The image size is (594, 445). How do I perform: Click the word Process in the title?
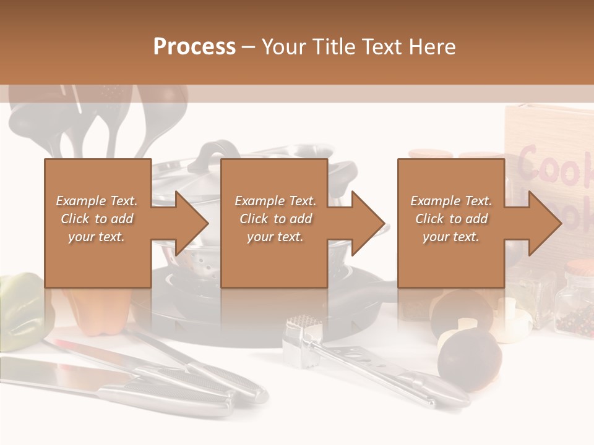(x=194, y=46)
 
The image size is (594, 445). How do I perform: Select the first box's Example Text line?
(x=97, y=201)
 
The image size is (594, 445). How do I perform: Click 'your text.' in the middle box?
(x=275, y=237)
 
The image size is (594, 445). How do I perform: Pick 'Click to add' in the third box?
(x=451, y=219)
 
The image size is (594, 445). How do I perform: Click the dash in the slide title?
(x=249, y=47)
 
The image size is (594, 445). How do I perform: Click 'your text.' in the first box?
(x=97, y=237)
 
